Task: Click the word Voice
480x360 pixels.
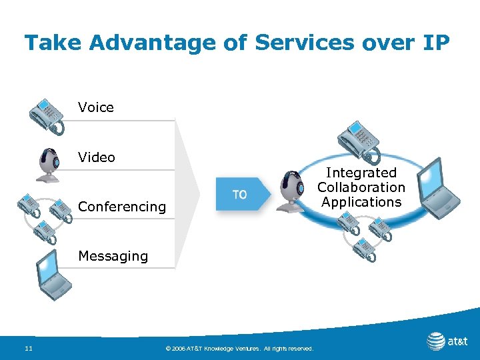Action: [x=95, y=107]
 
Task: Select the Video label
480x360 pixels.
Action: [x=96, y=157]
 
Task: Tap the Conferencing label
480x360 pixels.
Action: [x=121, y=207]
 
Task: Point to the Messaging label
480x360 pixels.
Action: [x=113, y=256]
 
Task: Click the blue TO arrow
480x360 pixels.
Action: [x=241, y=194]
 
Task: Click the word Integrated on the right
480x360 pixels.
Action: [x=361, y=173]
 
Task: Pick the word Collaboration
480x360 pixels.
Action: [x=361, y=188]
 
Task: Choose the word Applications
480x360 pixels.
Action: [x=361, y=202]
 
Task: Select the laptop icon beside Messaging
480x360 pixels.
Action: [x=54, y=276]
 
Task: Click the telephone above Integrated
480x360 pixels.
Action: [x=357, y=139]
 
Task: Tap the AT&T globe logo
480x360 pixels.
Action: [x=436, y=341]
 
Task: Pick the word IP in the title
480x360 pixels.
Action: [x=435, y=43]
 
